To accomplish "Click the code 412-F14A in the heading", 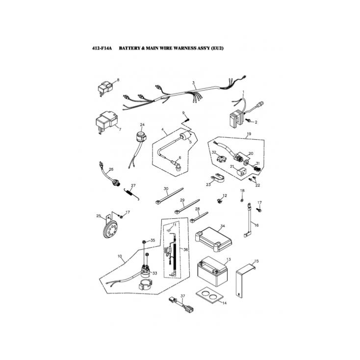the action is [x=102, y=48].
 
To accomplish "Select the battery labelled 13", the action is [x=212, y=271].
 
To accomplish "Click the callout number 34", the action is [x=222, y=226].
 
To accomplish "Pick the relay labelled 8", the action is [x=105, y=88].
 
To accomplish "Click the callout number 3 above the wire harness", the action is [x=193, y=82].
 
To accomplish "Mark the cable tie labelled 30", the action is [x=169, y=196].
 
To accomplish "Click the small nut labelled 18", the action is [x=242, y=200].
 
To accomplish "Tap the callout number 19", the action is [x=249, y=134].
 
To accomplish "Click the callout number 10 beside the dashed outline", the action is [x=120, y=256].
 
